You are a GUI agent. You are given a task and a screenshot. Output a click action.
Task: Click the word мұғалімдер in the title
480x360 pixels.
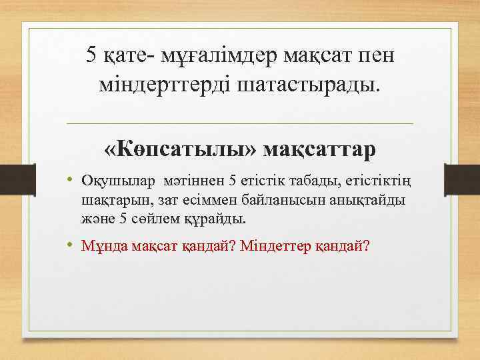203,55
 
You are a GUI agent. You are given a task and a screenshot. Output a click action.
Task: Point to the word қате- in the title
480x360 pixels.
126,55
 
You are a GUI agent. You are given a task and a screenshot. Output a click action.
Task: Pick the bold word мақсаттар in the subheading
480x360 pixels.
319,149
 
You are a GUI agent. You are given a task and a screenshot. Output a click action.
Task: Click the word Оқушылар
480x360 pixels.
117,180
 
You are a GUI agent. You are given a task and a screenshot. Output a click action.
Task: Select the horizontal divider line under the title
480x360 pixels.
240,123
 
